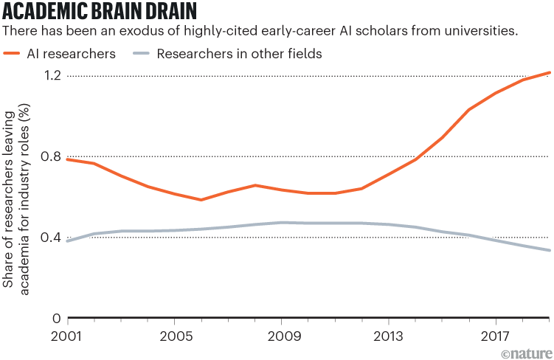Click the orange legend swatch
[x=13, y=53]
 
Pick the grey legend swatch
[x=142, y=53]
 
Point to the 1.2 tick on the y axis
[x=49, y=76]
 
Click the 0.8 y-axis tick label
[x=49, y=156]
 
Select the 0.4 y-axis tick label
[x=49, y=238]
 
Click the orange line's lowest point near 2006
[x=201, y=200]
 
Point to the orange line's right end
[x=550, y=72]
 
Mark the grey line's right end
[x=550, y=251]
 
